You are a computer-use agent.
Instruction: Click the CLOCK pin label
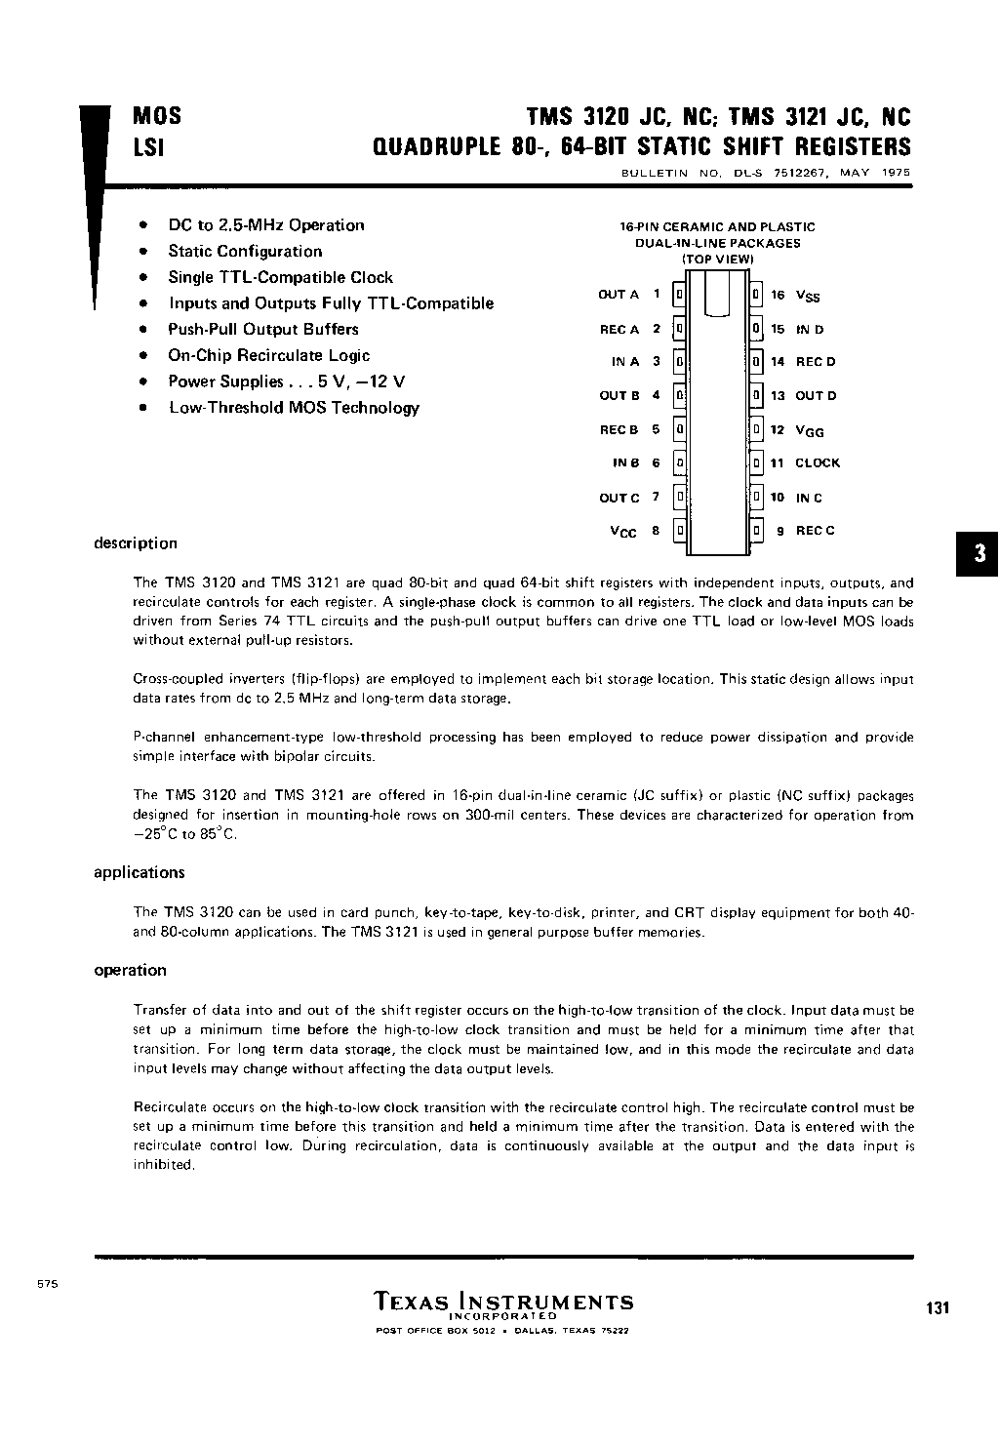tap(817, 463)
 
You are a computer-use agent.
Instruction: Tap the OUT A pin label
tap(619, 295)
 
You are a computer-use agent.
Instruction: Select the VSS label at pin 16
tap(808, 296)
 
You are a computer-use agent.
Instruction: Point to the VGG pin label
tap(810, 430)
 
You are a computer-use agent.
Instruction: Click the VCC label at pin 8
tap(622, 532)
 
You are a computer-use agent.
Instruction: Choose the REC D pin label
tap(816, 362)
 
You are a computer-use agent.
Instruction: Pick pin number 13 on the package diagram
tap(778, 396)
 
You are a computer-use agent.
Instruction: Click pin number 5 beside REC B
tap(657, 429)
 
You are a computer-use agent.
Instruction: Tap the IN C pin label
tap(809, 498)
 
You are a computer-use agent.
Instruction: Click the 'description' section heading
tap(136, 543)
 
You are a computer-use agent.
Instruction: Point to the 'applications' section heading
tap(139, 872)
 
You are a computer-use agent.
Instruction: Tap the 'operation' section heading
tap(130, 970)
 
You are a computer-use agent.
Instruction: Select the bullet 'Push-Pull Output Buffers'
tap(262, 330)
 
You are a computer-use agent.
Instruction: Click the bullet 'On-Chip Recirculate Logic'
tap(268, 356)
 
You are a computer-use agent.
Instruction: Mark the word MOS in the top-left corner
tap(156, 117)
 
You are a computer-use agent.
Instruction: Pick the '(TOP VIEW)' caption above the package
tap(717, 260)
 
